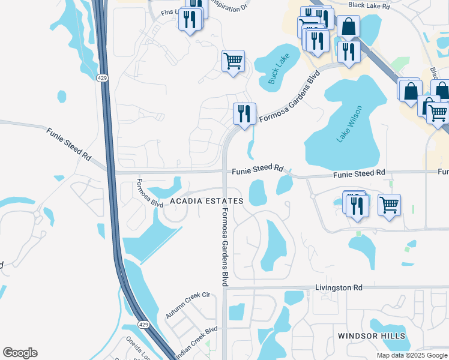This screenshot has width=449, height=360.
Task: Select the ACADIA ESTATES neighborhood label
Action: tap(206, 201)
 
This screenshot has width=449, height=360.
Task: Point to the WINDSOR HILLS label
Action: tap(371, 336)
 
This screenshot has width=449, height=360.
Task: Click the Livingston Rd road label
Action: tap(339, 288)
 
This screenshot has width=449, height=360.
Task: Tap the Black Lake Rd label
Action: tap(369, 5)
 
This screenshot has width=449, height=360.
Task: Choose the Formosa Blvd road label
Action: tap(149, 193)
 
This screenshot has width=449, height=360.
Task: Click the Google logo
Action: tap(20, 353)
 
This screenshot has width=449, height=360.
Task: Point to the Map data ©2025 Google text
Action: tap(412, 355)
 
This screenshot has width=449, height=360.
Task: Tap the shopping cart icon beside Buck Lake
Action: tap(233, 61)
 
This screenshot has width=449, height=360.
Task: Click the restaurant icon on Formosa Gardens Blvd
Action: tap(244, 113)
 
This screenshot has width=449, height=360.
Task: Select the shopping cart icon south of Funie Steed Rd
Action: tap(390, 205)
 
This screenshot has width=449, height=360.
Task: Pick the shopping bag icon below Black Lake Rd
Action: tap(348, 26)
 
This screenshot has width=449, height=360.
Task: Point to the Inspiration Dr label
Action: tap(229, 7)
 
